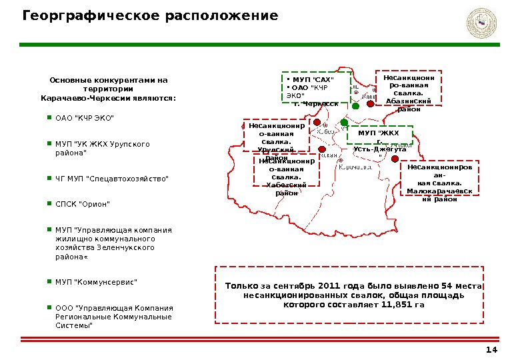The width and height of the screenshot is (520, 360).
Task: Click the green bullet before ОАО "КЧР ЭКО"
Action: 49,117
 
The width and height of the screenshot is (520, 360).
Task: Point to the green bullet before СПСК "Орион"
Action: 49,203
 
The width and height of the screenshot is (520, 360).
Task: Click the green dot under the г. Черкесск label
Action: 355,106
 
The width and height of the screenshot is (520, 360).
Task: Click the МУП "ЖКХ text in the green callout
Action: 378,133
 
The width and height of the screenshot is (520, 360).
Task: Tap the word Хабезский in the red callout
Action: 286,184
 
